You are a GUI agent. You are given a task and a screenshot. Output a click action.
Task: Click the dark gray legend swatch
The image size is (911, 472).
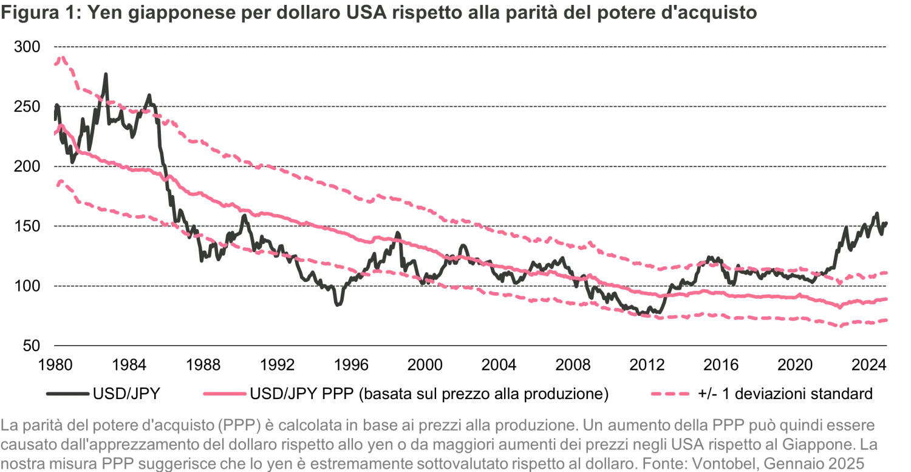pos(69,393)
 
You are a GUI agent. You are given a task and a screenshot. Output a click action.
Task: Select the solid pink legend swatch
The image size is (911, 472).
pos(223,394)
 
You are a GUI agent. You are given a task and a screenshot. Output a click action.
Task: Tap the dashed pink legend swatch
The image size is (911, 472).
pos(669,394)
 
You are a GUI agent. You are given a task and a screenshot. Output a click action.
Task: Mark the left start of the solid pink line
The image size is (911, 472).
pos(56,130)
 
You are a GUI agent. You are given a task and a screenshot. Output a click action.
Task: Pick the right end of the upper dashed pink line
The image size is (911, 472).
pos(887,273)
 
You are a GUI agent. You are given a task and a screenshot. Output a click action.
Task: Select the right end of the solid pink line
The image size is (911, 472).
pos(887,299)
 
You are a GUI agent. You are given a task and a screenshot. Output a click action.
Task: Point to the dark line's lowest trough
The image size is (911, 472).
pos(338,307)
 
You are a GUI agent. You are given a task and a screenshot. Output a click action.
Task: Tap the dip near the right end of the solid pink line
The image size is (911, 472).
pos(839,307)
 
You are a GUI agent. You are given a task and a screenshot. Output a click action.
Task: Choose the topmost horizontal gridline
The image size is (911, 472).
pos(471,46)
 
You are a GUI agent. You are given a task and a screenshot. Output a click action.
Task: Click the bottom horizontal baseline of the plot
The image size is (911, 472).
pos(471,347)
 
